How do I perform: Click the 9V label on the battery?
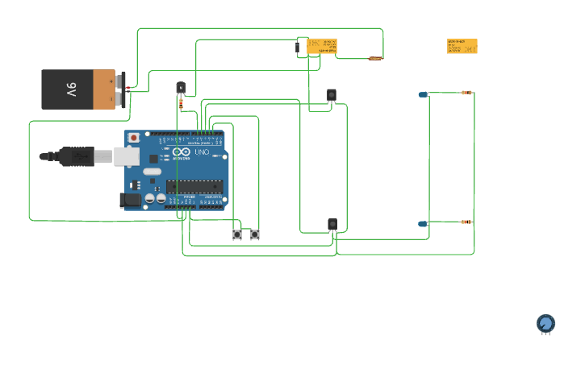click(x=70, y=89)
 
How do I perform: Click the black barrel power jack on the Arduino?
click(x=130, y=199)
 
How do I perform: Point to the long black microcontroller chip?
click(x=194, y=186)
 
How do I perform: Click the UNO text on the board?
click(x=201, y=152)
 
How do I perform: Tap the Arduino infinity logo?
click(x=181, y=152)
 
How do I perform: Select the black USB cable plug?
click(x=77, y=156)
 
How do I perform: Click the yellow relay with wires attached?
click(x=322, y=47)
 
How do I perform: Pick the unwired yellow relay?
click(x=462, y=47)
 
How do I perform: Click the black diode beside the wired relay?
click(x=298, y=48)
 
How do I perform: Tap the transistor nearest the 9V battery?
click(x=181, y=88)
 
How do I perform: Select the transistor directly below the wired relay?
click(x=332, y=95)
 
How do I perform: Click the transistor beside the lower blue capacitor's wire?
click(x=332, y=224)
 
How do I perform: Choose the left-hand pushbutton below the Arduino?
click(x=237, y=234)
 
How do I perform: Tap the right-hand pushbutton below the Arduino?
click(x=255, y=234)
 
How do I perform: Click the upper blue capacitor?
click(x=423, y=94)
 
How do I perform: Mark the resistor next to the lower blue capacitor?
click(x=466, y=222)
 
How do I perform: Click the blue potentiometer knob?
click(x=546, y=323)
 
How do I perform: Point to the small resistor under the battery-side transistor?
click(x=181, y=103)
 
